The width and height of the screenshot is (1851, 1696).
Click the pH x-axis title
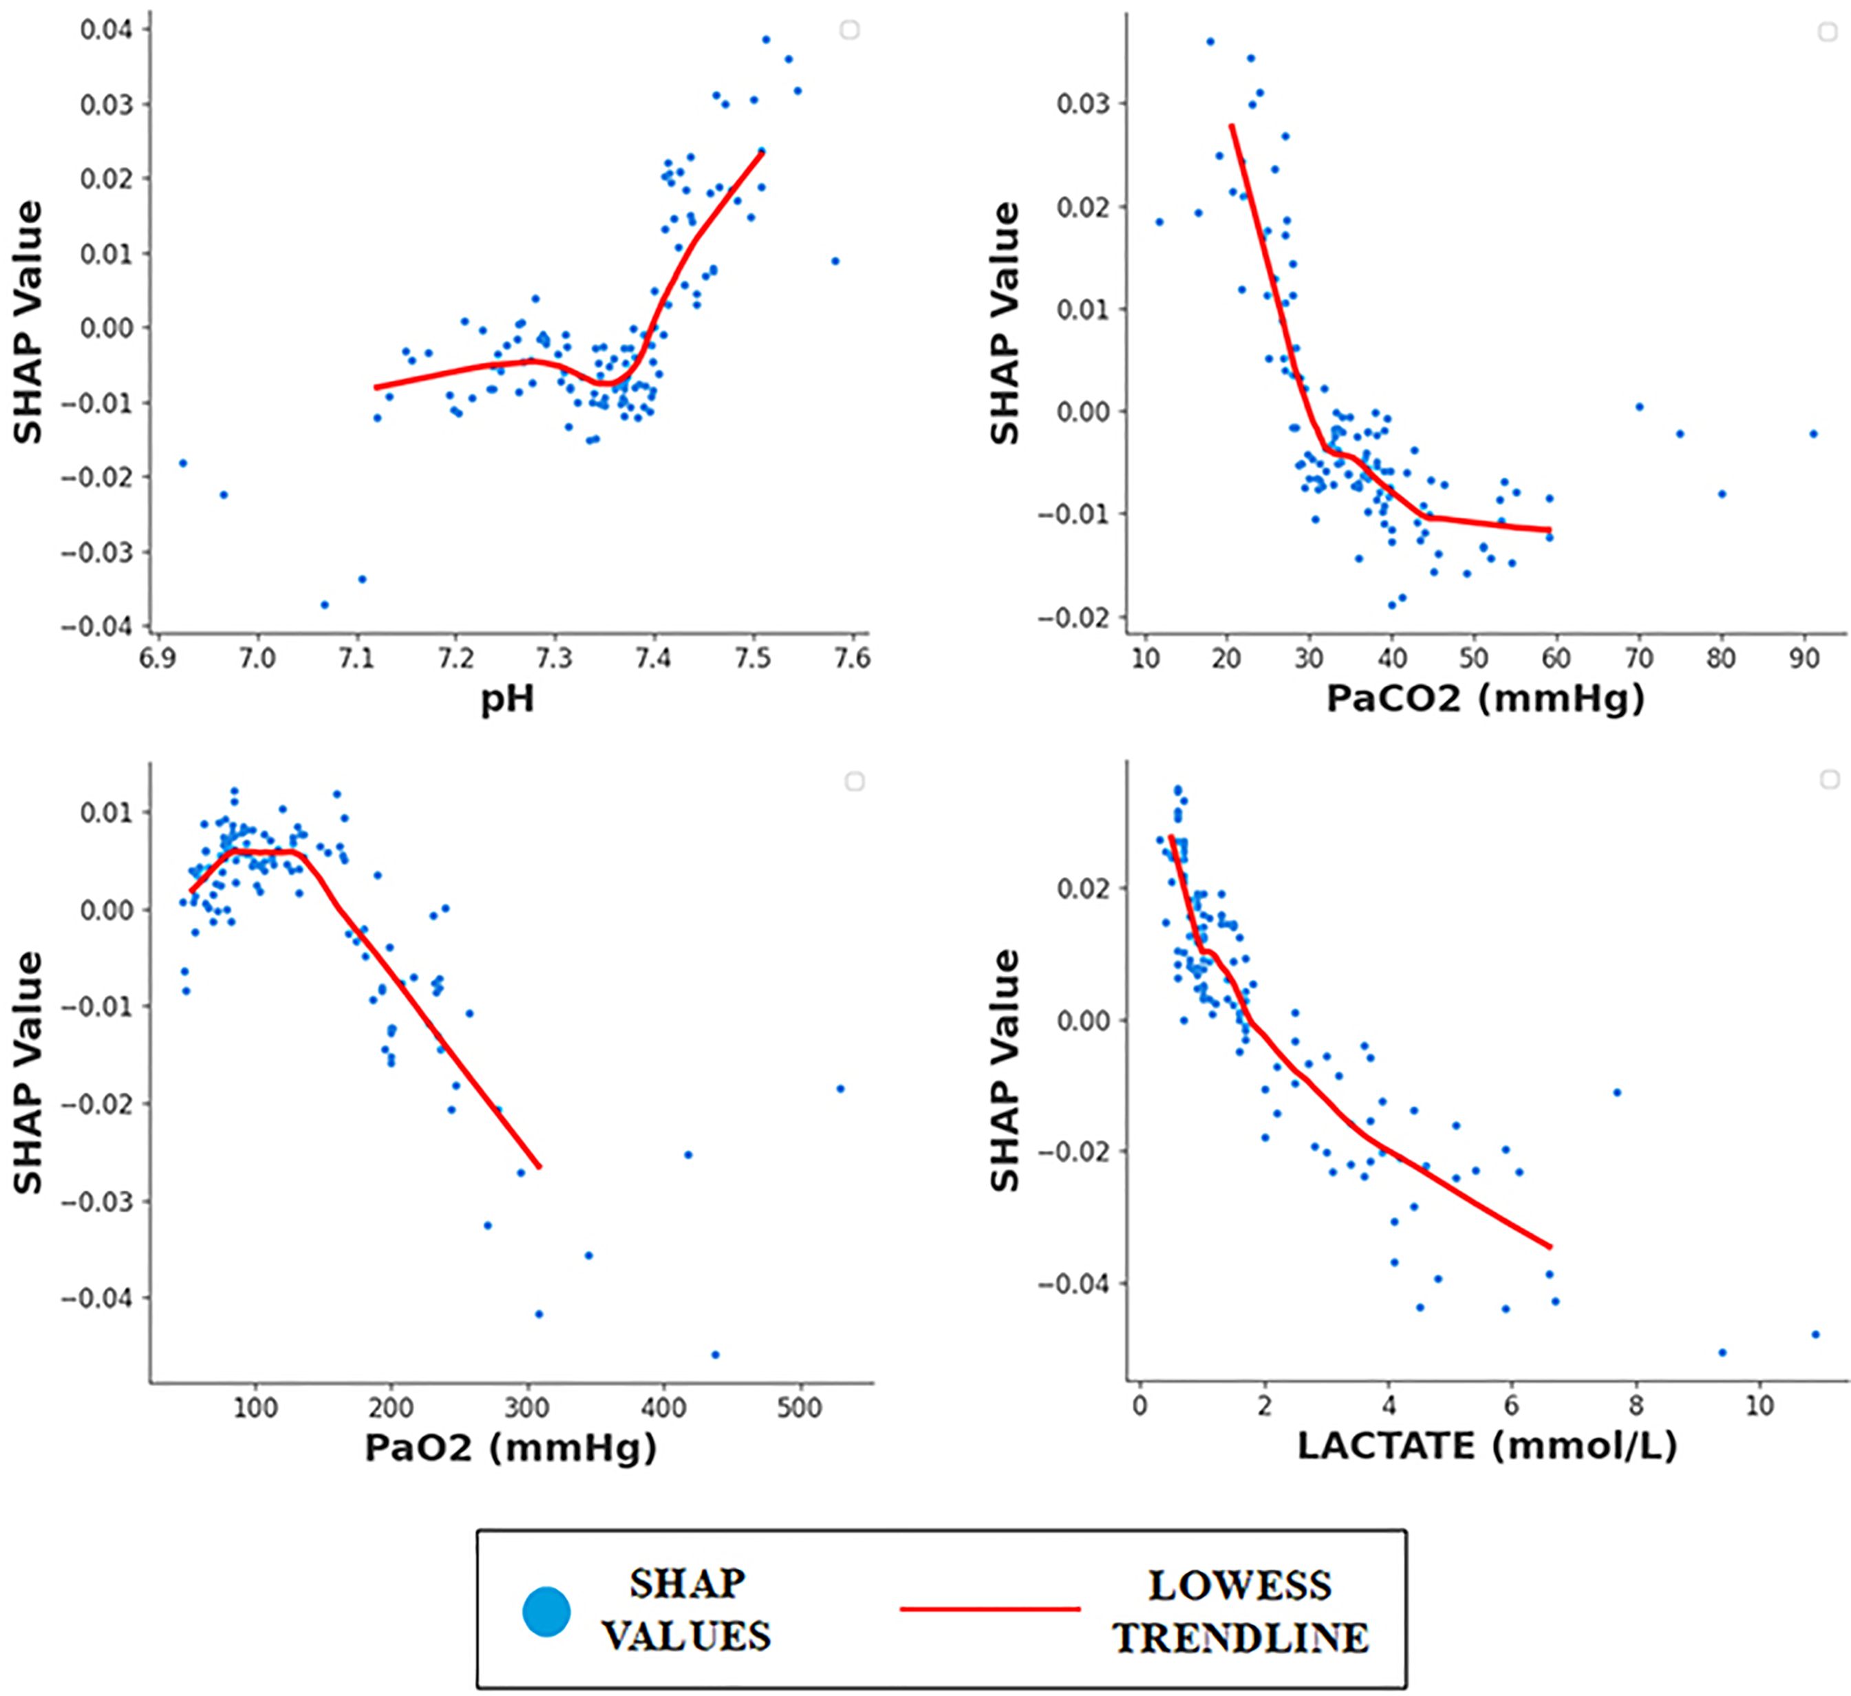click(x=507, y=700)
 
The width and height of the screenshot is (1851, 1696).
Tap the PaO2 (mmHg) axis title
click(x=511, y=1448)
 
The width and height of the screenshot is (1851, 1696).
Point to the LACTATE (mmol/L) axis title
click(x=1486, y=1446)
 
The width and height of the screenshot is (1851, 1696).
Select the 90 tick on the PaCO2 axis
click(x=1804, y=659)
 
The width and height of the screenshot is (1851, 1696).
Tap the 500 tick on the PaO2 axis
click(x=799, y=1408)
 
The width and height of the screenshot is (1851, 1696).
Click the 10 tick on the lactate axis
click(x=1759, y=1406)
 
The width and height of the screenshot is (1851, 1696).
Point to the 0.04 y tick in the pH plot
click(x=105, y=30)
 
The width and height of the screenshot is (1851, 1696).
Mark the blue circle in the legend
click(x=546, y=1611)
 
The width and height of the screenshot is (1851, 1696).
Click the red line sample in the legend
click(x=989, y=1609)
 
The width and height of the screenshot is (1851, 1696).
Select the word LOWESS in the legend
click(x=1239, y=1586)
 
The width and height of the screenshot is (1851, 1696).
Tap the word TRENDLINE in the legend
click(x=1241, y=1638)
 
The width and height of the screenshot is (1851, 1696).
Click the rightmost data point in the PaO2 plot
click(x=840, y=1089)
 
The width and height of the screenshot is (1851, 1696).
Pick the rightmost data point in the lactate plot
click(x=1815, y=1334)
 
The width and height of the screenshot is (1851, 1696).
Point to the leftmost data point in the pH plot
click(x=183, y=463)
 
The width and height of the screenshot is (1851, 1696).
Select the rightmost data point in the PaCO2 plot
click(x=1813, y=434)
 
